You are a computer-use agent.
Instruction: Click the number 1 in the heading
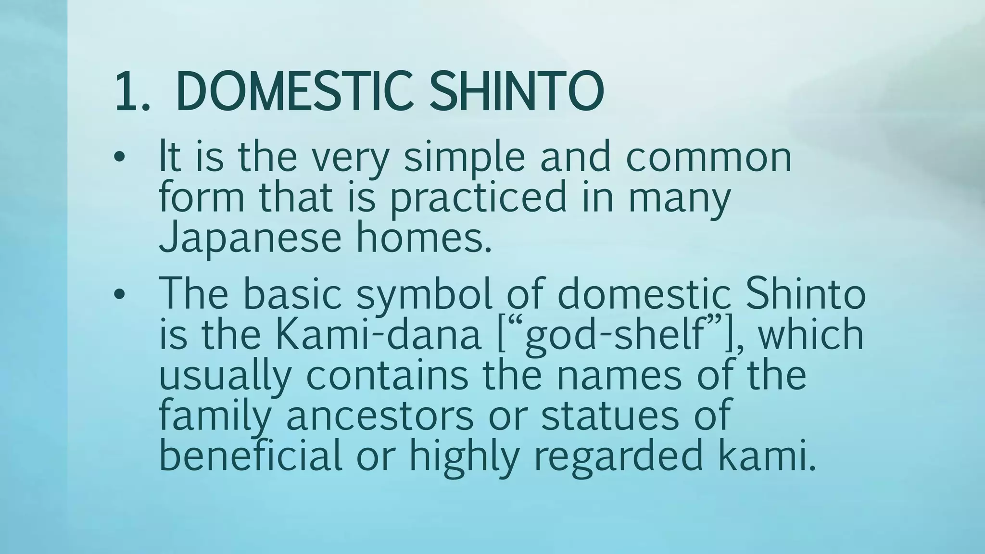coord(126,91)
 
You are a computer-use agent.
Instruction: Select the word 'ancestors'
coord(380,415)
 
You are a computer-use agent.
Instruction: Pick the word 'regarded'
coord(618,457)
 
